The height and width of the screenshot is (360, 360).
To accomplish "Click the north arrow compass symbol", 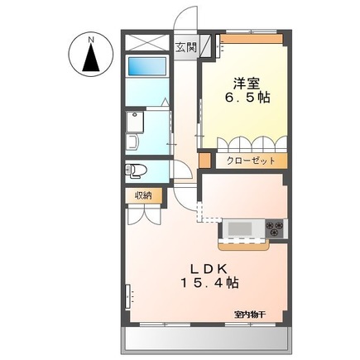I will (90, 58).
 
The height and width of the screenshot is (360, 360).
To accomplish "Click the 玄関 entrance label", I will (186, 46).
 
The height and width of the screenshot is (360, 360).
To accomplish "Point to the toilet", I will (137, 170).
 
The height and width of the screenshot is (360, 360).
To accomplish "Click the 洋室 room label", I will (243, 83).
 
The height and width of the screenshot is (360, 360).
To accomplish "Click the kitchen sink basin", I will (243, 227).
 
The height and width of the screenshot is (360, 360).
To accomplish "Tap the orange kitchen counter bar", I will (245, 244).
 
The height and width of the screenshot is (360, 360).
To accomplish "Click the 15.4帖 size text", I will (210, 283).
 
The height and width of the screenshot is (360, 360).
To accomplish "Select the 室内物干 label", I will (248, 314).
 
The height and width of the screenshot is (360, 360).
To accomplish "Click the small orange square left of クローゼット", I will (207, 161).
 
